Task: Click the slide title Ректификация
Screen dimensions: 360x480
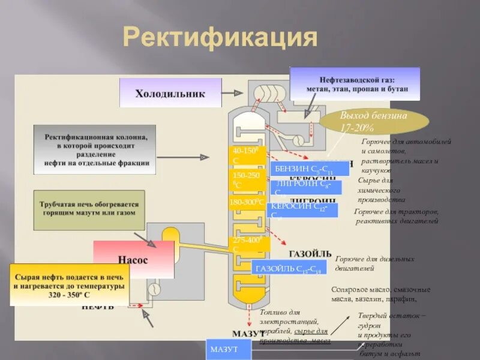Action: (220, 37)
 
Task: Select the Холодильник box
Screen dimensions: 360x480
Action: (170, 94)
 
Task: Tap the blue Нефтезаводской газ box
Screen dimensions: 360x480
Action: (355, 84)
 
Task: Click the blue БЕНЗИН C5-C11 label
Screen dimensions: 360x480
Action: (308, 169)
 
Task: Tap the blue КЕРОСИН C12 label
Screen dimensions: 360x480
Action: (303, 209)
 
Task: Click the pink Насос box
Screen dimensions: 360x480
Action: (133, 260)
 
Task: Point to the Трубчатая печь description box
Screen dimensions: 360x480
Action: (89, 208)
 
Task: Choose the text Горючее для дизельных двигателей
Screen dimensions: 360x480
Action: (374, 263)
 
